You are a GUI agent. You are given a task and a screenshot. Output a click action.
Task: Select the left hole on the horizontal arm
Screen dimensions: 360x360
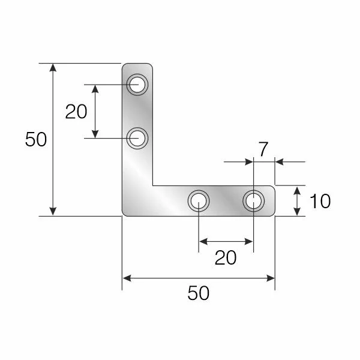tap(199, 200)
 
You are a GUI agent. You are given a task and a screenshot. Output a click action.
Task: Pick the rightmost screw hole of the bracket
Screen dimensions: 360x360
tap(253, 200)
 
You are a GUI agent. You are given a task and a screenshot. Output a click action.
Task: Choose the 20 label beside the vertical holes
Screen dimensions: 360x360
tap(76, 112)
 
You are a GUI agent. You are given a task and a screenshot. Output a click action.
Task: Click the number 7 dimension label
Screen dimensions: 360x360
tap(262, 147)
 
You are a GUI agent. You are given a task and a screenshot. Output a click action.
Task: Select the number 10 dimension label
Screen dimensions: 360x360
tap(321, 201)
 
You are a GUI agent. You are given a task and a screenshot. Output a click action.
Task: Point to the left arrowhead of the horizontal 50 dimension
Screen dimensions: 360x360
tap(127, 278)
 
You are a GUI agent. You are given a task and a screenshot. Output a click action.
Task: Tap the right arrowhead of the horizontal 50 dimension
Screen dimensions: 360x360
tap(271, 278)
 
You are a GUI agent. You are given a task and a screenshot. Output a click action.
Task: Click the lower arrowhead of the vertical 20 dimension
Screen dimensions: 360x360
tap(95, 134)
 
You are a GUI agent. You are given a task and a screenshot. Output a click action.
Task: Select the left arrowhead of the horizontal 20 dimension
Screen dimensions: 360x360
tap(203, 242)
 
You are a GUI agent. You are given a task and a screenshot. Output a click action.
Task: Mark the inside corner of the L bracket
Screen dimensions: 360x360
tap(152, 185)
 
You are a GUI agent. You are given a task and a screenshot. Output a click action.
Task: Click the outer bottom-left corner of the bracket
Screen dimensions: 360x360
tap(124, 214)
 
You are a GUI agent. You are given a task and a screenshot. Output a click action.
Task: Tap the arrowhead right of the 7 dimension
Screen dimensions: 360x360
tap(280, 161)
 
